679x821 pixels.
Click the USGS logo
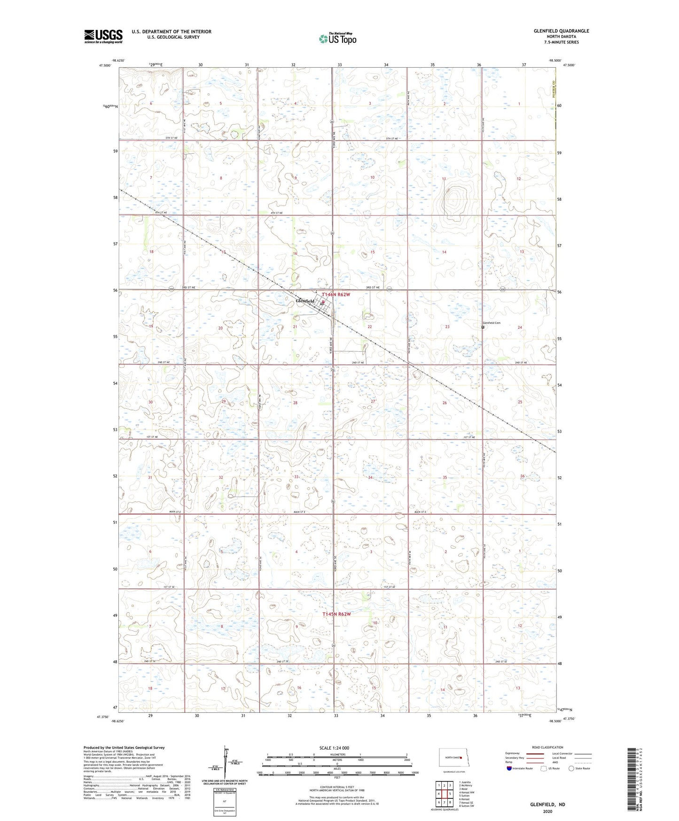click(103, 36)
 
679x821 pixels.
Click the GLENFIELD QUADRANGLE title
click(561, 31)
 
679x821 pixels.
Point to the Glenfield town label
click(305, 301)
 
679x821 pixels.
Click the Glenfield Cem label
click(492, 323)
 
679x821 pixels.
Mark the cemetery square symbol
click(483, 327)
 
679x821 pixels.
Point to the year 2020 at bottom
click(547, 811)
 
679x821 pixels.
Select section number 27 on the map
click(373, 401)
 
